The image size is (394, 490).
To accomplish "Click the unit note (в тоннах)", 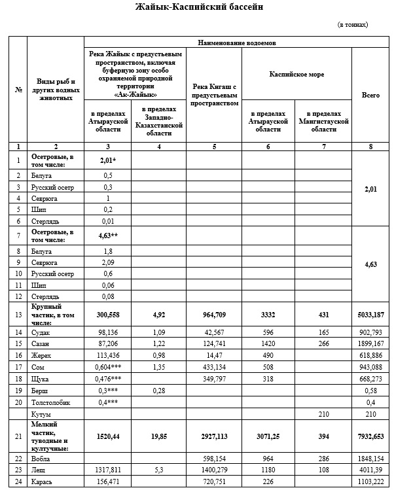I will click(x=352, y=25).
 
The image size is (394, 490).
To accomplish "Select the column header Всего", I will click(x=370, y=95).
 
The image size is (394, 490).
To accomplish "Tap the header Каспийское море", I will click(x=296, y=75).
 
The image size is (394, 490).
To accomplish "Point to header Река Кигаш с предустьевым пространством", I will click(x=215, y=95).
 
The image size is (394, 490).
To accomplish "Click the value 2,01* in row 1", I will click(x=107, y=160).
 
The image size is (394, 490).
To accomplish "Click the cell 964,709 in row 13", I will click(x=215, y=314).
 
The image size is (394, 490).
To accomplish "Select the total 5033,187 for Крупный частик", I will click(x=370, y=314).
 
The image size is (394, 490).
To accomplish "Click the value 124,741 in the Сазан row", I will click(x=215, y=343).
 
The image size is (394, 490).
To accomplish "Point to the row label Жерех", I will click(x=41, y=355).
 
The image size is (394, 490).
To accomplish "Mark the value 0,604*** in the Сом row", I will click(x=107, y=367).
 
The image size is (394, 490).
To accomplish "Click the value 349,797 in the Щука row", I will click(x=215, y=379).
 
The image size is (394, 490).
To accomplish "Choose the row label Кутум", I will click(x=41, y=415).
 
